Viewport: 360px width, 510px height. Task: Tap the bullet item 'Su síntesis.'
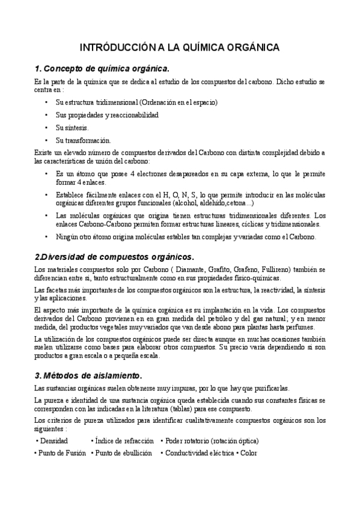click(x=72, y=127)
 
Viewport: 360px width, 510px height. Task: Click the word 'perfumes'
click(x=300, y=327)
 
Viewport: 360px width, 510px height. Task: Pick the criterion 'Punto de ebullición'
click(x=123, y=453)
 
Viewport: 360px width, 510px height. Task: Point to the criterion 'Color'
click(x=249, y=453)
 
